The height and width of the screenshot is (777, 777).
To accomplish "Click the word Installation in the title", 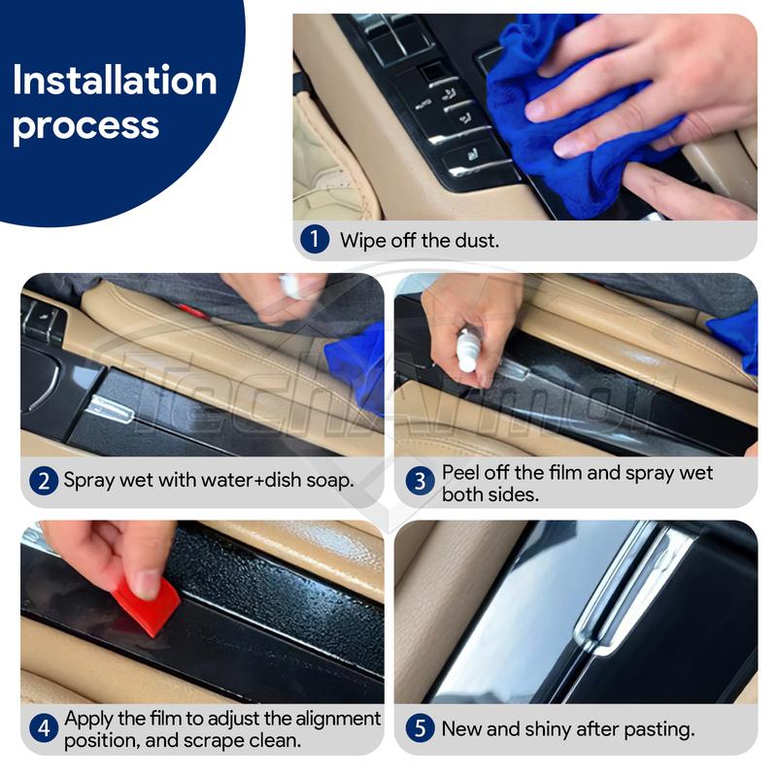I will (x=115, y=81).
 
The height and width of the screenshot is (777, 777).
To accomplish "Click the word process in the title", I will (x=85, y=126).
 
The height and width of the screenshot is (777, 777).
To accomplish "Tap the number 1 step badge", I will (x=314, y=240).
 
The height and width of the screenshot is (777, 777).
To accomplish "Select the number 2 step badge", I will (x=43, y=480).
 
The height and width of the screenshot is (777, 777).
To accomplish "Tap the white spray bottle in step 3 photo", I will (x=469, y=350).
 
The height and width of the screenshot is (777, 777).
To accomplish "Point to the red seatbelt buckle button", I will (x=191, y=312).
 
